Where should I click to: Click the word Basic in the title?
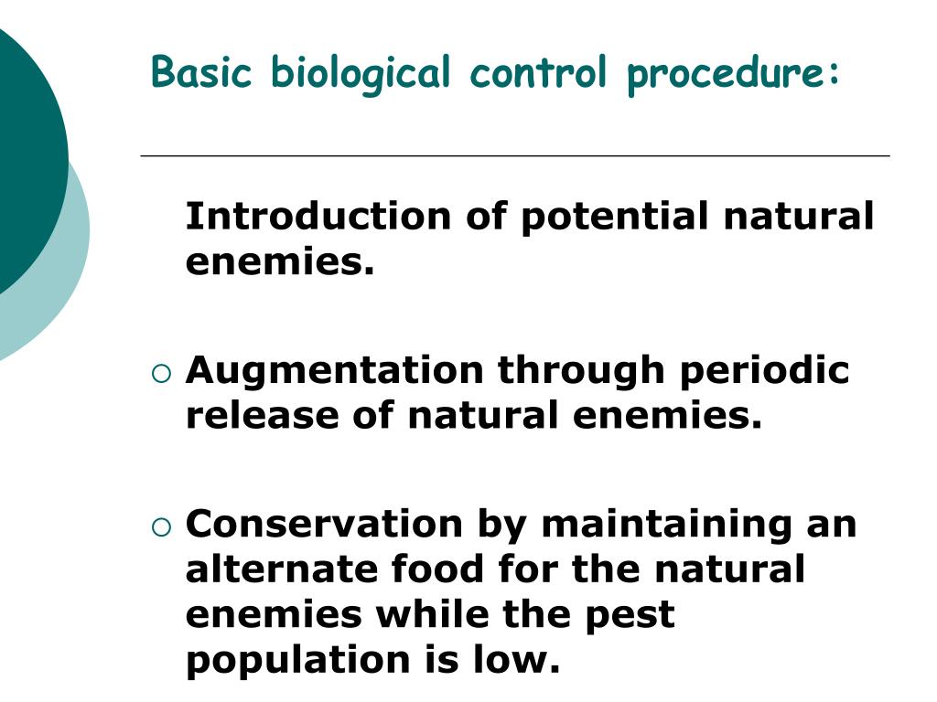click(x=201, y=72)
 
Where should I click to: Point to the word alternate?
click(x=281, y=569)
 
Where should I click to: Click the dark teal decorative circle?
click(x=23, y=155)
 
